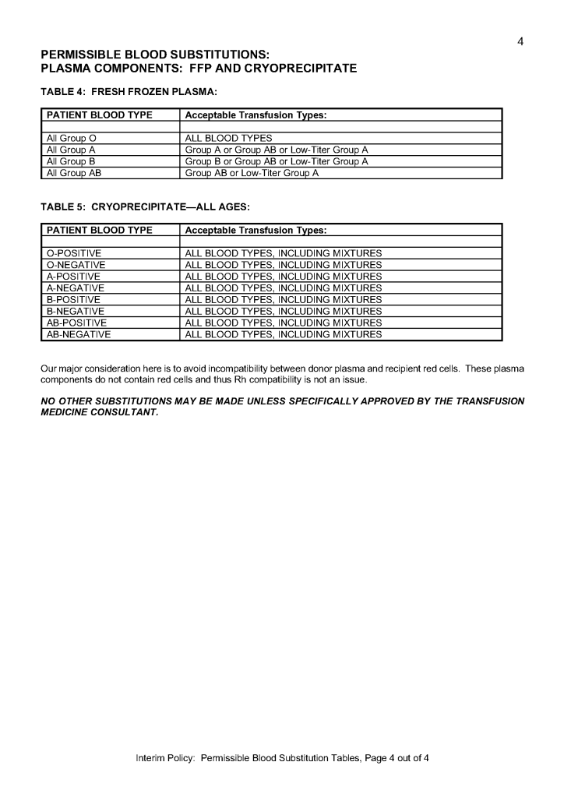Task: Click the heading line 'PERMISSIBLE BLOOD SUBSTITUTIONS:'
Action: pos(155,55)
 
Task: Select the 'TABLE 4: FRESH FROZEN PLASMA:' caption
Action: pos(129,92)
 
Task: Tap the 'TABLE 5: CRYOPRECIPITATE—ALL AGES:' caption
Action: pos(144,207)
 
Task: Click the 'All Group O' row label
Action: pos(71,139)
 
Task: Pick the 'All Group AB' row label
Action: pos(74,173)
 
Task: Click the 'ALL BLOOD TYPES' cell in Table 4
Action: pos(228,139)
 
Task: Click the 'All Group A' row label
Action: pos(71,150)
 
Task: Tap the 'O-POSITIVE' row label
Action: pos(74,253)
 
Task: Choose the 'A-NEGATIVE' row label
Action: pos(76,288)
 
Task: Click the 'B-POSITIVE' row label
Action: pos(74,300)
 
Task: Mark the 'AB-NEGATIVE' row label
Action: pos(79,335)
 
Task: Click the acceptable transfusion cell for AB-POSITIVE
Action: pos(283,323)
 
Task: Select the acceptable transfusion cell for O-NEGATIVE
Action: pos(283,265)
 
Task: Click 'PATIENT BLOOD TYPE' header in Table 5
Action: pos(100,231)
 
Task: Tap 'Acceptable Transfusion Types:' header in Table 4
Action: pos(256,115)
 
